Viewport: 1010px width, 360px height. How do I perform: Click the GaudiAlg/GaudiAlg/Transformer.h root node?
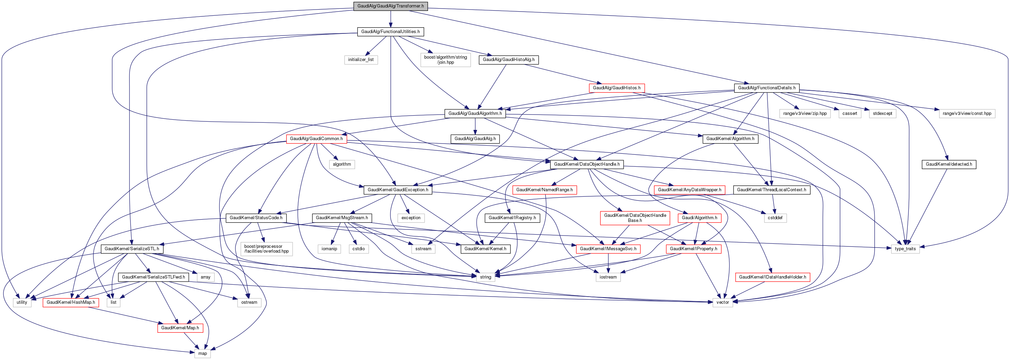point(390,6)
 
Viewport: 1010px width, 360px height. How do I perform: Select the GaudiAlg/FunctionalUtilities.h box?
point(390,31)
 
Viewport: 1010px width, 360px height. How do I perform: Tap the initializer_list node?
point(361,60)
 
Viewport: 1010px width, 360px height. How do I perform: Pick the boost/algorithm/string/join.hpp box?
point(445,60)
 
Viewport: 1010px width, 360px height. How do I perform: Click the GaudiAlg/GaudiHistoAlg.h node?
point(508,60)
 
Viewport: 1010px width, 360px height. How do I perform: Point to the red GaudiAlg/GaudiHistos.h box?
point(616,88)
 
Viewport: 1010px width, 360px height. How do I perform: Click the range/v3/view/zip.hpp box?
point(805,113)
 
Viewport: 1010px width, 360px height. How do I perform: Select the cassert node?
point(850,113)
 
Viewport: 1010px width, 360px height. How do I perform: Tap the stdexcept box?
point(883,113)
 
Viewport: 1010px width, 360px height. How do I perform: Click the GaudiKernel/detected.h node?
point(949,164)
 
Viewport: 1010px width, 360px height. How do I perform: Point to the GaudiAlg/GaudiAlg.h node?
point(475,139)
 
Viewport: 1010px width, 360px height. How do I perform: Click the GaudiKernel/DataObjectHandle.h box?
point(586,164)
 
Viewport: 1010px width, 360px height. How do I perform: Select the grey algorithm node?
point(342,164)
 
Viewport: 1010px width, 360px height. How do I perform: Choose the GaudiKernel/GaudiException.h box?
point(398,190)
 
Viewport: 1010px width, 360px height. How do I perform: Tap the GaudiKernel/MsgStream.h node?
point(342,217)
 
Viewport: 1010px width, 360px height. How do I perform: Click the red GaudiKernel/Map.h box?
point(180,328)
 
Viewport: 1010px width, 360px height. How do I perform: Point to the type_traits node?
point(905,249)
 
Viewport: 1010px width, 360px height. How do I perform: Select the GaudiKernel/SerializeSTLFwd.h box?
point(153,277)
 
